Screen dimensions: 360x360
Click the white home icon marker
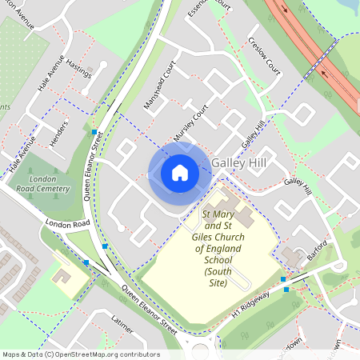(180, 172)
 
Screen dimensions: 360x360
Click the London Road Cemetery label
(42, 186)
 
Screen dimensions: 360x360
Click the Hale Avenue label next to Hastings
(50, 78)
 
